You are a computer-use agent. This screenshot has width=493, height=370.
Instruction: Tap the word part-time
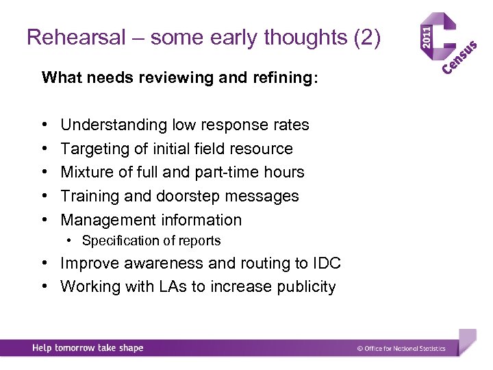[243, 172]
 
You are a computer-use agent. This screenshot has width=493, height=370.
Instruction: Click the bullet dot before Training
[44, 196]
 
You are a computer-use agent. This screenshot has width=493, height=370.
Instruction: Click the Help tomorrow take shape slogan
[88, 348]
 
